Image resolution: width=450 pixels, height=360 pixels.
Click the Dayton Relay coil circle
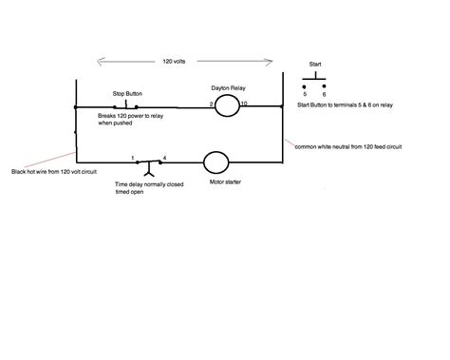(226, 106)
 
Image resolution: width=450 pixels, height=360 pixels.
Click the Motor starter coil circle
(217, 162)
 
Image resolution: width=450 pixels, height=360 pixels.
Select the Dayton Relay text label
(229, 85)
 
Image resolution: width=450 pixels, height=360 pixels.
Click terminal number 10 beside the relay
(244, 102)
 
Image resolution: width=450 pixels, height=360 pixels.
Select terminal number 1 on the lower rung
(134, 158)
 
